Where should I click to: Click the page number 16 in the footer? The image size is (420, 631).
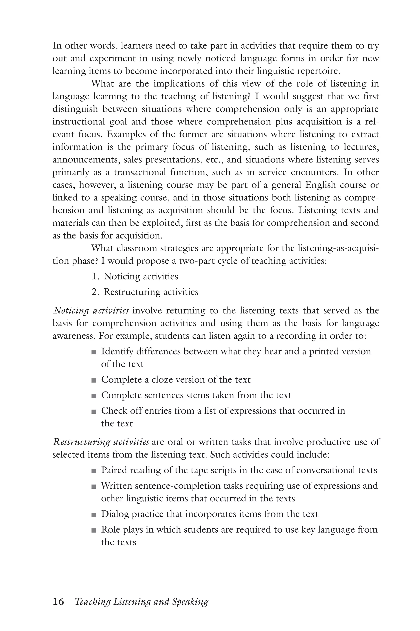click(58, 602)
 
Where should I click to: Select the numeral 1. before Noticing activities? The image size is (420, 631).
click(95, 276)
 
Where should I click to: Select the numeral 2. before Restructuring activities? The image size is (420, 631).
click(95, 292)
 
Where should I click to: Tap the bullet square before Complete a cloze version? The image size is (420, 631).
click(94, 380)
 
